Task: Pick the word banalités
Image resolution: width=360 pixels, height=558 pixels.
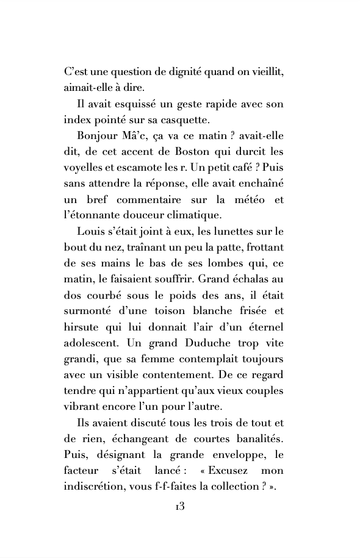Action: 257,439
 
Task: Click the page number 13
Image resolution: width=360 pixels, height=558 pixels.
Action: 179,507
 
